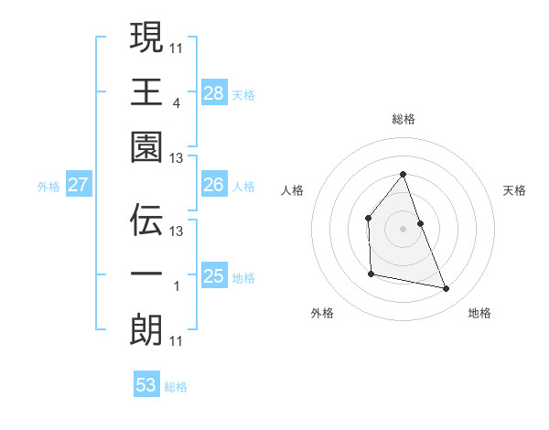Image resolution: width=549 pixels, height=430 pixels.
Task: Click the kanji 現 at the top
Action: click(x=146, y=38)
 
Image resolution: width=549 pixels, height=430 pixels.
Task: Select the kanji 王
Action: click(x=146, y=93)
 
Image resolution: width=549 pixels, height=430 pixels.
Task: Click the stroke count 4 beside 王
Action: click(x=176, y=103)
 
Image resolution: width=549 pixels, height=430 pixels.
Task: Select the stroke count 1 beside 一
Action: click(x=176, y=286)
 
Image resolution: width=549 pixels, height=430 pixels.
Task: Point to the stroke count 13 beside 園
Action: click(x=177, y=158)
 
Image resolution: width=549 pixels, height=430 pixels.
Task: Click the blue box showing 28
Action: click(x=214, y=92)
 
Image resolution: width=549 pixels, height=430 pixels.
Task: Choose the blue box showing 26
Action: click(x=214, y=185)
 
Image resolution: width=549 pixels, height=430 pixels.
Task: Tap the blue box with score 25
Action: click(x=214, y=276)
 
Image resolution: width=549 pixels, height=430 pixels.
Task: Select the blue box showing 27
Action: click(x=79, y=185)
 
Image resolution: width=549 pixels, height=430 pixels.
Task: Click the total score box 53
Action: click(x=146, y=385)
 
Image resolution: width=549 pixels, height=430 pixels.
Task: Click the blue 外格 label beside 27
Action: click(x=48, y=187)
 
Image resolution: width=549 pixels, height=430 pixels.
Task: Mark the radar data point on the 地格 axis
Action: click(x=447, y=288)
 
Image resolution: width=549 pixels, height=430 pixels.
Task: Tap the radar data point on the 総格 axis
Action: click(x=403, y=174)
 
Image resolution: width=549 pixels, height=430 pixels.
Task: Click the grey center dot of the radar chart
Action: click(x=403, y=228)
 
